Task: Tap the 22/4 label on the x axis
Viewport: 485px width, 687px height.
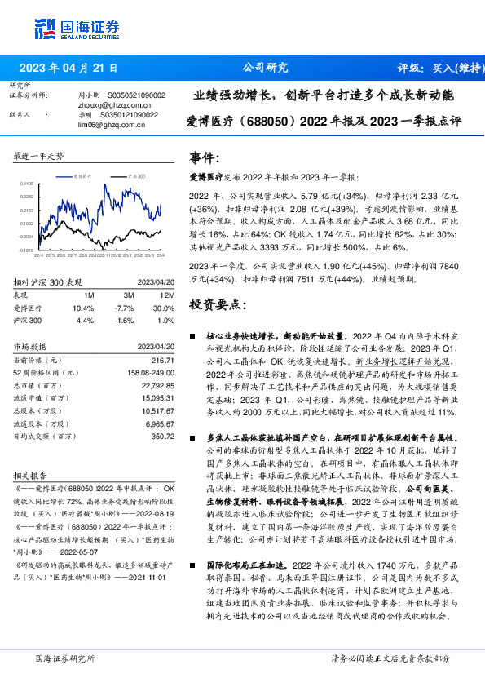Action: pyautogui.click(x=37, y=255)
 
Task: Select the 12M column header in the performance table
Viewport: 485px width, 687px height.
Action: pyautogui.click(x=167, y=295)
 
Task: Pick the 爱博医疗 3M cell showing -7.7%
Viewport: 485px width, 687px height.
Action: pyautogui.click(x=126, y=308)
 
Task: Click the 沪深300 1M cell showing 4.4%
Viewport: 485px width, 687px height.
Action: pyautogui.click(x=84, y=321)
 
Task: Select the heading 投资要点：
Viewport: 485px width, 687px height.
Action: pyautogui.click(x=218, y=304)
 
